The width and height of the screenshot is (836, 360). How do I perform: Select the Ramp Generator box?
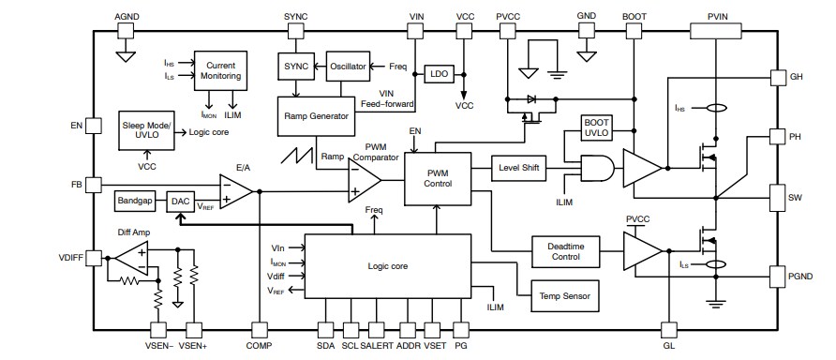pyautogui.click(x=316, y=116)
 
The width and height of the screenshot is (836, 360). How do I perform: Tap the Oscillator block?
pyautogui.click(x=346, y=67)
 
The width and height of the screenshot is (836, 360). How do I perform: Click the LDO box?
pyautogui.click(x=439, y=74)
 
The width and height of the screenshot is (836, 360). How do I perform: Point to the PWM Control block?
pyautogui.click(x=437, y=178)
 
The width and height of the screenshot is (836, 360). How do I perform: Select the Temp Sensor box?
pyautogui.click(x=564, y=294)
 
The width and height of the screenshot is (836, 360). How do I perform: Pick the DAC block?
pyautogui.click(x=180, y=201)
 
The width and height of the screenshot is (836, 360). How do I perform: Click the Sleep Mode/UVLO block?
pyautogui.click(x=147, y=128)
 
